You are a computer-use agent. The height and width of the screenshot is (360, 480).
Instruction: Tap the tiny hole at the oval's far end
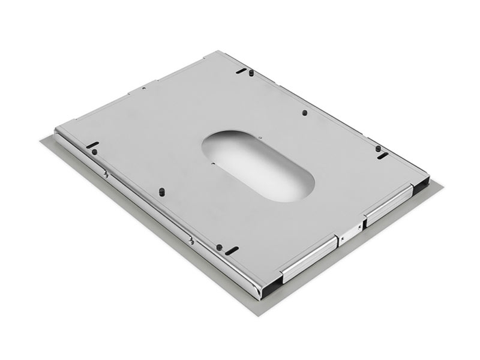click(x=262, y=137)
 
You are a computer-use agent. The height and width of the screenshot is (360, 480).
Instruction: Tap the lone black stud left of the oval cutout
click(x=161, y=190)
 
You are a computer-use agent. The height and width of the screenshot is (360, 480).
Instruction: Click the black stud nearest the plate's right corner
click(x=378, y=148)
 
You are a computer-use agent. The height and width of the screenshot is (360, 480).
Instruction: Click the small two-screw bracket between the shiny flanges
click(x=350, y=231)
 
